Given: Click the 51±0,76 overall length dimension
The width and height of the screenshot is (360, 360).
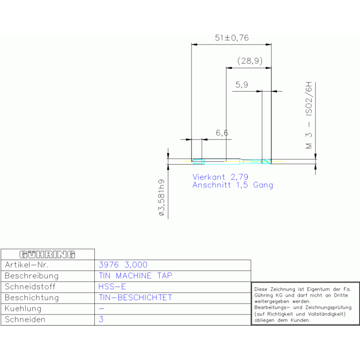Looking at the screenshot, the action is tap(232, 38).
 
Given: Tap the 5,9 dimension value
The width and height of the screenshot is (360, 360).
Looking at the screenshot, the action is tap(242, 84).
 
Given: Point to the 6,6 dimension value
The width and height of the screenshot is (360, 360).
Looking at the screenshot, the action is tap(222, 133).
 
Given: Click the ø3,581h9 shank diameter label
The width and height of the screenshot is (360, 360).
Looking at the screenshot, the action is tap(161, 198).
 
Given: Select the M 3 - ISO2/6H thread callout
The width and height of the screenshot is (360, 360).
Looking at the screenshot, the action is tap(309, 115).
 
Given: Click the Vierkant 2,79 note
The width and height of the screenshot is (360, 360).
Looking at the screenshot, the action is tap(220, 177).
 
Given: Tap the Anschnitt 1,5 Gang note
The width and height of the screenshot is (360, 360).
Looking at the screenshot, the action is tap(233, 185).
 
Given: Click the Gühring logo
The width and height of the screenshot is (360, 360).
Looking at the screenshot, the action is tap(47, 254).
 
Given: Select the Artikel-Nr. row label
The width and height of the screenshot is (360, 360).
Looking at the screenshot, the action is tap(27, 265).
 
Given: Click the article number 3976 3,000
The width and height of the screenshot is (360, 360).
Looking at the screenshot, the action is tap(123, 265).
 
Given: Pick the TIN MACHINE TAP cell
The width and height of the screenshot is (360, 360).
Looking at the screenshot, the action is tap(135, 276).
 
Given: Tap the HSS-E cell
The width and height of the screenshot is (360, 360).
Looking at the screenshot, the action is tap(112, 286).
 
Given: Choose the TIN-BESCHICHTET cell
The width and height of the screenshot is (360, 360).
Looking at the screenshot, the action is tap(135, 298).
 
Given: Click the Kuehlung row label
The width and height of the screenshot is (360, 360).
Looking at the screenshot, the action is tap(23, 308).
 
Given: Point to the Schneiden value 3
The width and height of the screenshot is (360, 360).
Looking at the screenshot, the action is tap(101, 319).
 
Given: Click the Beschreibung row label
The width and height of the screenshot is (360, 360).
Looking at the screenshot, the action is tap(31, 276).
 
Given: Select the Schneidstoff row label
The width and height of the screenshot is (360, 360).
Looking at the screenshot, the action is tap(30, 286).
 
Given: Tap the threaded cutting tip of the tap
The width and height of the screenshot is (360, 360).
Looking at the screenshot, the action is tap(267, 161).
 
